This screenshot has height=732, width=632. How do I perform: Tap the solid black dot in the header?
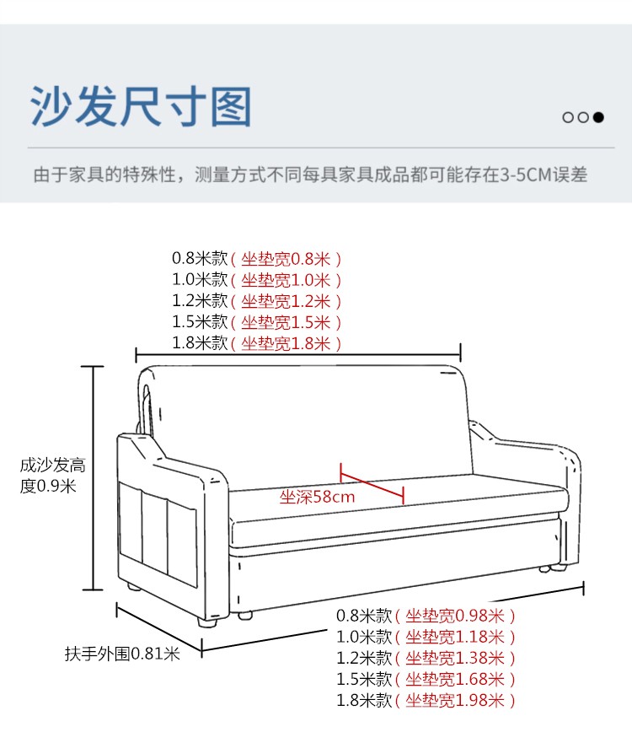pyautogui.click(x=598, y=117)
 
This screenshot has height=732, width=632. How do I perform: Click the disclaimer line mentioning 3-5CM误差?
pyautogui.click(x=309, y=175)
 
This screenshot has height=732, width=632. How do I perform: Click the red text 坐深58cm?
pyautogui.click(x=317, y=497)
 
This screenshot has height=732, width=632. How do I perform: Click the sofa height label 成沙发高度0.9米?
pyautogui.click(x=52, y=476)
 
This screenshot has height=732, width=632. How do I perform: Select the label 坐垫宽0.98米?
pyautogui.click(x=455, y=616)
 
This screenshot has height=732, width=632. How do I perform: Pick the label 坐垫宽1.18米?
pyautogui.click(x=455, y=638)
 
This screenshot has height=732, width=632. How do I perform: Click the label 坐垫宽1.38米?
pyautogui.click(x=455, y=659)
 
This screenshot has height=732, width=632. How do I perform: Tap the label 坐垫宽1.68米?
pyautogui.click(x=455, y=680)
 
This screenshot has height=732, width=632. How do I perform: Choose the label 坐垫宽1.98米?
pyautogui.click(x=455, y=701)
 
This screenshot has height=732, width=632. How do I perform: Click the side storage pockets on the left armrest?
pyautogui.click(x=158, y=540)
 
